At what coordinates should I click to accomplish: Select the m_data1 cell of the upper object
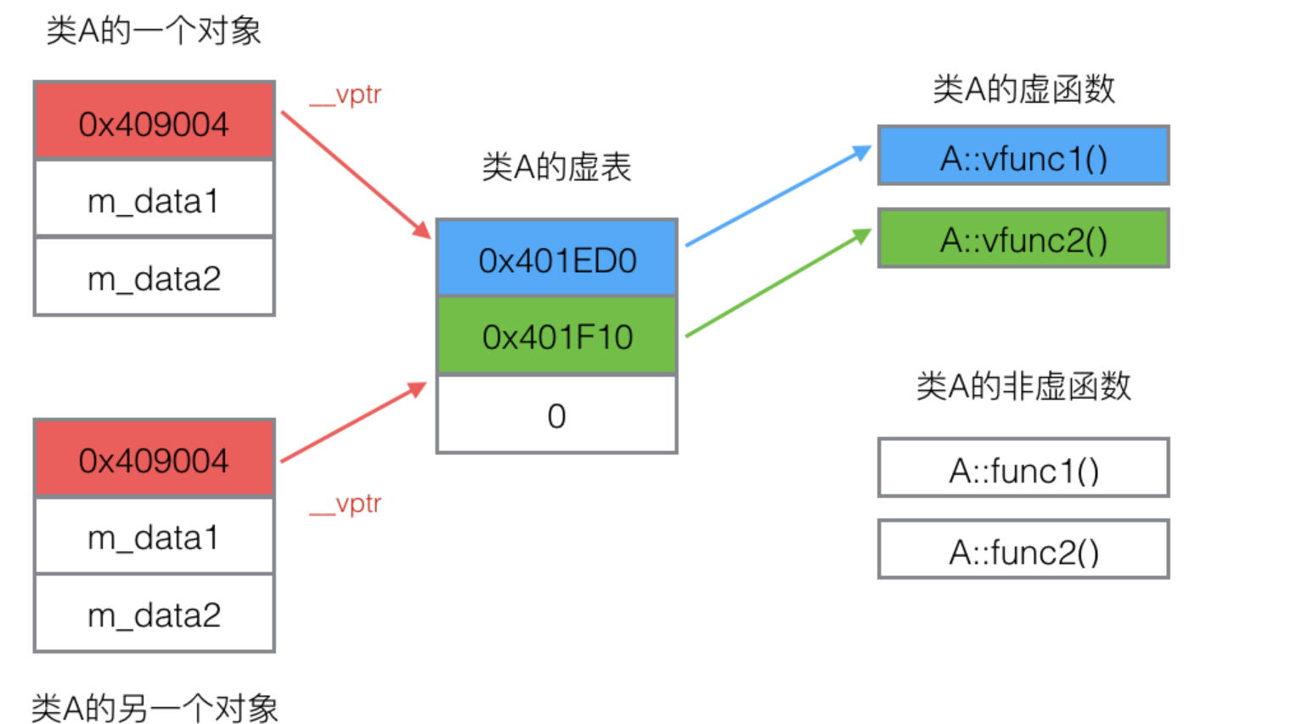click(154, 200)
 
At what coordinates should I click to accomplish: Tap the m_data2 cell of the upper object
click(154, 278)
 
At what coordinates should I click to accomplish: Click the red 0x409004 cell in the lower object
click(154, 459)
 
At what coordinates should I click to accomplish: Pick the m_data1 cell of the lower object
click(154, 537)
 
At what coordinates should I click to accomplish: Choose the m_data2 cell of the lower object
click(154, 614)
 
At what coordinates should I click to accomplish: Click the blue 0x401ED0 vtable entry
click(557, 259)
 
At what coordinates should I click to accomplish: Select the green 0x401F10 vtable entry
click(557, 337)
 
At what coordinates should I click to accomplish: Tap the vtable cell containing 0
click(557, 416)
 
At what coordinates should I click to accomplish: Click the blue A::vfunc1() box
click(1023, 157)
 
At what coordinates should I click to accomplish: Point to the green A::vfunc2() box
click(1023, 239)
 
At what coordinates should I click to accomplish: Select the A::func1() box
click(1023, 469)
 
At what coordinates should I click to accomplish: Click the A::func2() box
click(1023, 551)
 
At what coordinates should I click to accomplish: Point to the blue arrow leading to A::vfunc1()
click(777, 196)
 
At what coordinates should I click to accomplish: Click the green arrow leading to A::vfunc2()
click(777, 284)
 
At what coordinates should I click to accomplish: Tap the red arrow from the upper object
click(355, 174)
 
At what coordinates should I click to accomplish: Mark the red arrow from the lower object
click(352, 422)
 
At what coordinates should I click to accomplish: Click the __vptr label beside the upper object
click(346, 94)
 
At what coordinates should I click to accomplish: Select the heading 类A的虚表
click(556, 167)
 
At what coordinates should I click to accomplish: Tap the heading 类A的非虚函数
click(1023, 386)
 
